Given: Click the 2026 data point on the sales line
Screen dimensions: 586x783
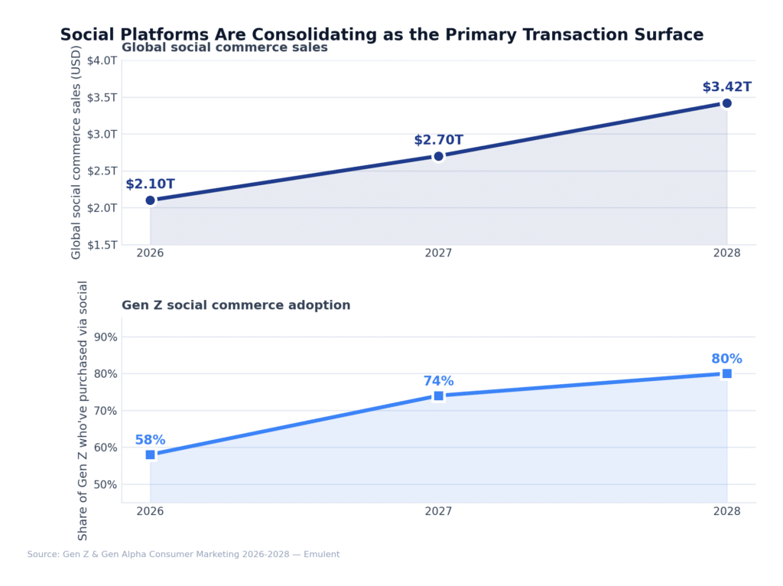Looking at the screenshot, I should [151, 200].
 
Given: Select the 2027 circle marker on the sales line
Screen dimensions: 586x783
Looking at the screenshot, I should [438, 156].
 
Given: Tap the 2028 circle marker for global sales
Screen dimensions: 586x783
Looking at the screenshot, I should [726, 103].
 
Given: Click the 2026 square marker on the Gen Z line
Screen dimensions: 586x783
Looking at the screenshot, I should [151, 454].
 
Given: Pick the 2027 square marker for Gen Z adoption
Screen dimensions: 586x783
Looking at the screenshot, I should [438, 396].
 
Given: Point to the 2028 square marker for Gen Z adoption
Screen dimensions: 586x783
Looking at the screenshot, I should [726, 373].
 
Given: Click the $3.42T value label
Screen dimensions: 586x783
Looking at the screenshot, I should [726, 87].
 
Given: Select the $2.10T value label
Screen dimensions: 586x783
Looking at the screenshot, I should [151, 184].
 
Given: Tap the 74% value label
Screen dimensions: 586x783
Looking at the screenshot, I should [438, 381].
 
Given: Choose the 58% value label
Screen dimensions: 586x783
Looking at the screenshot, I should [151, 440].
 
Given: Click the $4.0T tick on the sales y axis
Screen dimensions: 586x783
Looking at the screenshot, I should [102, 60].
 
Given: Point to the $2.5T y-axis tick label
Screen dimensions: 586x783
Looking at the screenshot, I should [102, 171].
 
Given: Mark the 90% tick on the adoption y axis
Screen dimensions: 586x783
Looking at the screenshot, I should [106, 337].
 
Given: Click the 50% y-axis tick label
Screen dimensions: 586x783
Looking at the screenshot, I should [106, 484].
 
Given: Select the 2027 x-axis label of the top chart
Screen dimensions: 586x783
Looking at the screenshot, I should [438, 253].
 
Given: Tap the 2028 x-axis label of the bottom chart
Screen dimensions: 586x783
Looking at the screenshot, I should [726, 511].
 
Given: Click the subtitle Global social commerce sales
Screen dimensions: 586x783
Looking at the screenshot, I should [224, 47].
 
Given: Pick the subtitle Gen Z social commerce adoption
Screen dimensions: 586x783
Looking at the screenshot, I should [236, 305].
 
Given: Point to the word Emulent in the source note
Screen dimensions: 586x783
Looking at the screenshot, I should [321, 554].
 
